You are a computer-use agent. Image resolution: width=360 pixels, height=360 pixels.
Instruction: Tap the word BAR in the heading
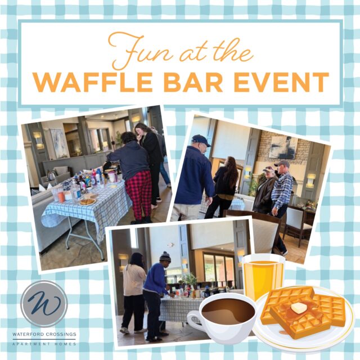tap(190, 82)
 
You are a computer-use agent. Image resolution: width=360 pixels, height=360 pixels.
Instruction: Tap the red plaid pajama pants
tap(138, 195)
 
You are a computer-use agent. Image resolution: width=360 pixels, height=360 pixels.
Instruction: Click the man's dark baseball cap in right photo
tap(200, 140)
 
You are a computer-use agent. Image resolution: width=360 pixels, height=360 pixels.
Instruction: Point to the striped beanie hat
tap(164, 257)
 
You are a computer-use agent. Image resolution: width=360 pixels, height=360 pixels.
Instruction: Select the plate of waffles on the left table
tap(87, 200)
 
